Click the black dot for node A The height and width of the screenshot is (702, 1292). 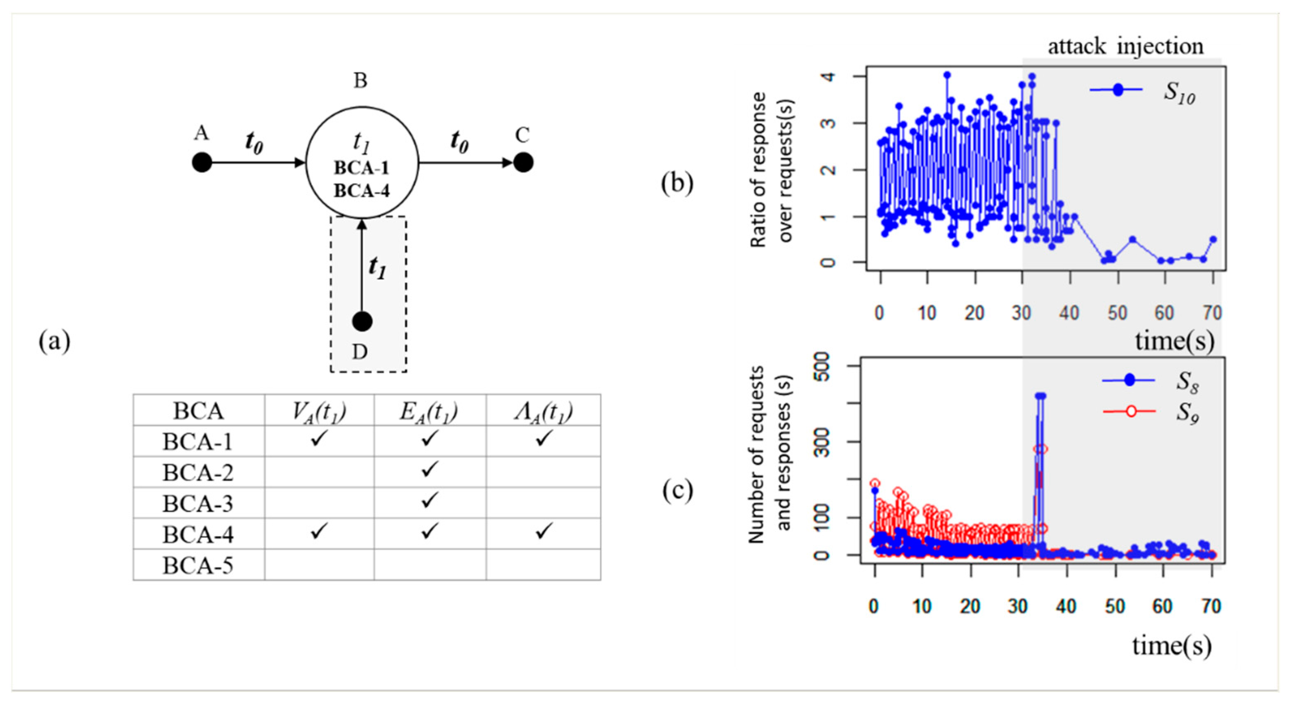pos(202,163)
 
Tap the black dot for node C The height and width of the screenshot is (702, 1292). pos(523,163)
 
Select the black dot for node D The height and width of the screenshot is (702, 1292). pos(362,321)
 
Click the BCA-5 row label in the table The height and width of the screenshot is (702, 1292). pos(198,566)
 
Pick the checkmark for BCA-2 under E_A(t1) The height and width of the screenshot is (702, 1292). pos(429,470)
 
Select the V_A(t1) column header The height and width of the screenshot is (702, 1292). pos(319,411)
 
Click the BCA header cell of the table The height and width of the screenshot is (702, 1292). pos(198,411)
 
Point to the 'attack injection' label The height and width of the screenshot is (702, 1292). pos(1125,46)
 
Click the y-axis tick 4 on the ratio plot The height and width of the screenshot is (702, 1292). pos(829,76)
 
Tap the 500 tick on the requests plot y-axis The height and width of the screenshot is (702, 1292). pos(823,367)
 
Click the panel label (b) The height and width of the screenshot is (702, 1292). pos(677,183)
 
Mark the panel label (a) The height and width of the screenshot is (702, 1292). pos(54,342)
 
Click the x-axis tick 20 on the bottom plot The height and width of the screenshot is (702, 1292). pos(970,607)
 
